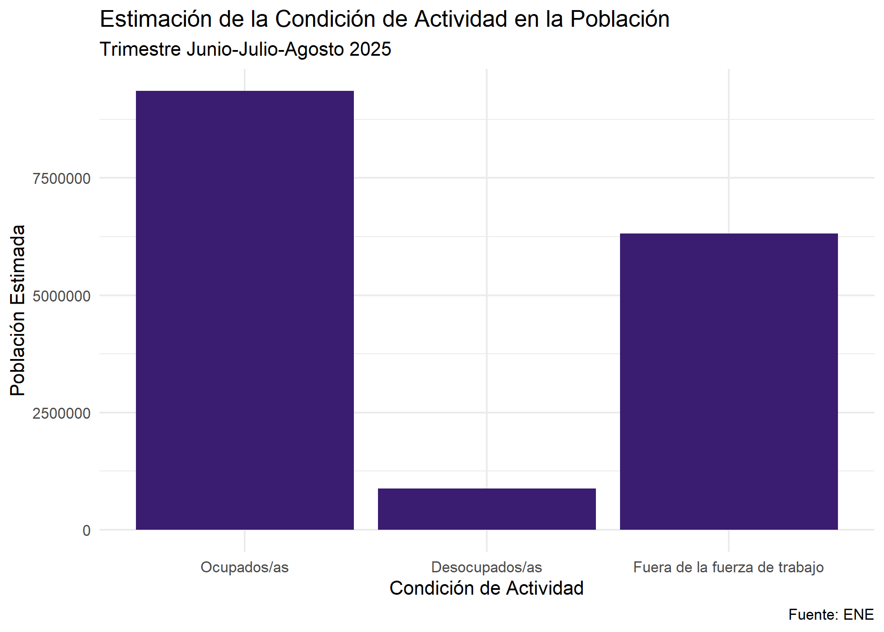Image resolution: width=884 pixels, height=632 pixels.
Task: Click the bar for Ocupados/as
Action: pos(245,310)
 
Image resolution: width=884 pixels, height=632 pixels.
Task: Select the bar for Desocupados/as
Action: pos(487,509)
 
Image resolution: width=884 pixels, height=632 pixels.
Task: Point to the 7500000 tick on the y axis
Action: pos(61,179)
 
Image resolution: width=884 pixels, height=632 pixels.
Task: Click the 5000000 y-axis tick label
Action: pos(61,296)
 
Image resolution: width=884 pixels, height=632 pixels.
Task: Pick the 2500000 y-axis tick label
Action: pos(61,413)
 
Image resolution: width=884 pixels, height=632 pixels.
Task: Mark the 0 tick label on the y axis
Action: pos(86,531)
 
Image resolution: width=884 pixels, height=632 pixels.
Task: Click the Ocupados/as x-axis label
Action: pos(245,567)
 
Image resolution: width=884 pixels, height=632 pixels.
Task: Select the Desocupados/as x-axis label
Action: pos(487,567)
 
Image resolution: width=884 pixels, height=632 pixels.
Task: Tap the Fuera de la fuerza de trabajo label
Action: pos(728,567)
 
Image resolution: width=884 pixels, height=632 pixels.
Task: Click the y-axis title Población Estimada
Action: pos(18,310)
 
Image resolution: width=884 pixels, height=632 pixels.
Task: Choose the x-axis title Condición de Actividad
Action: pos(487,588)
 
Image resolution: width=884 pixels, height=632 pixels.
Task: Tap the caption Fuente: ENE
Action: pos(831,614)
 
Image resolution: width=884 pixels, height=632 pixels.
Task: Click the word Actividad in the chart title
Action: pos(461,19)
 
